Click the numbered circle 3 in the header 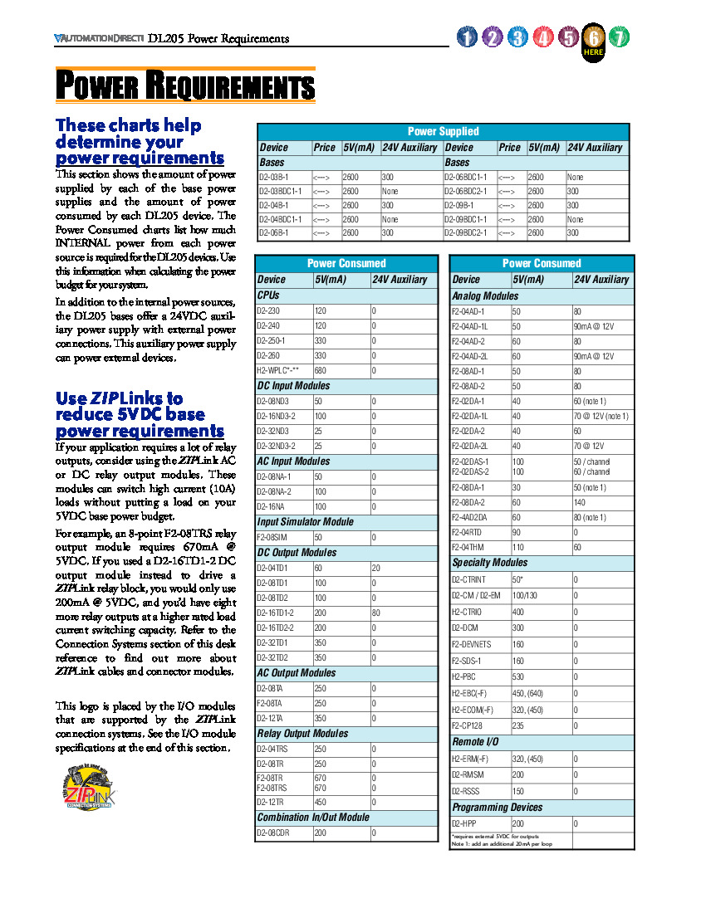517,37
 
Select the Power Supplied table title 443,131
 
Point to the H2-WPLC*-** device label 277,370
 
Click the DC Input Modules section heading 293,386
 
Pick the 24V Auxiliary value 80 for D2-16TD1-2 376,613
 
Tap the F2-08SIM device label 272,537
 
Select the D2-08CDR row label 273,832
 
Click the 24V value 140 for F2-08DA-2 579,502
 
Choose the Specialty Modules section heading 490,563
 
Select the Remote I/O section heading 476,741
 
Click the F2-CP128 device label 468,725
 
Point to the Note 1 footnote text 501,843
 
